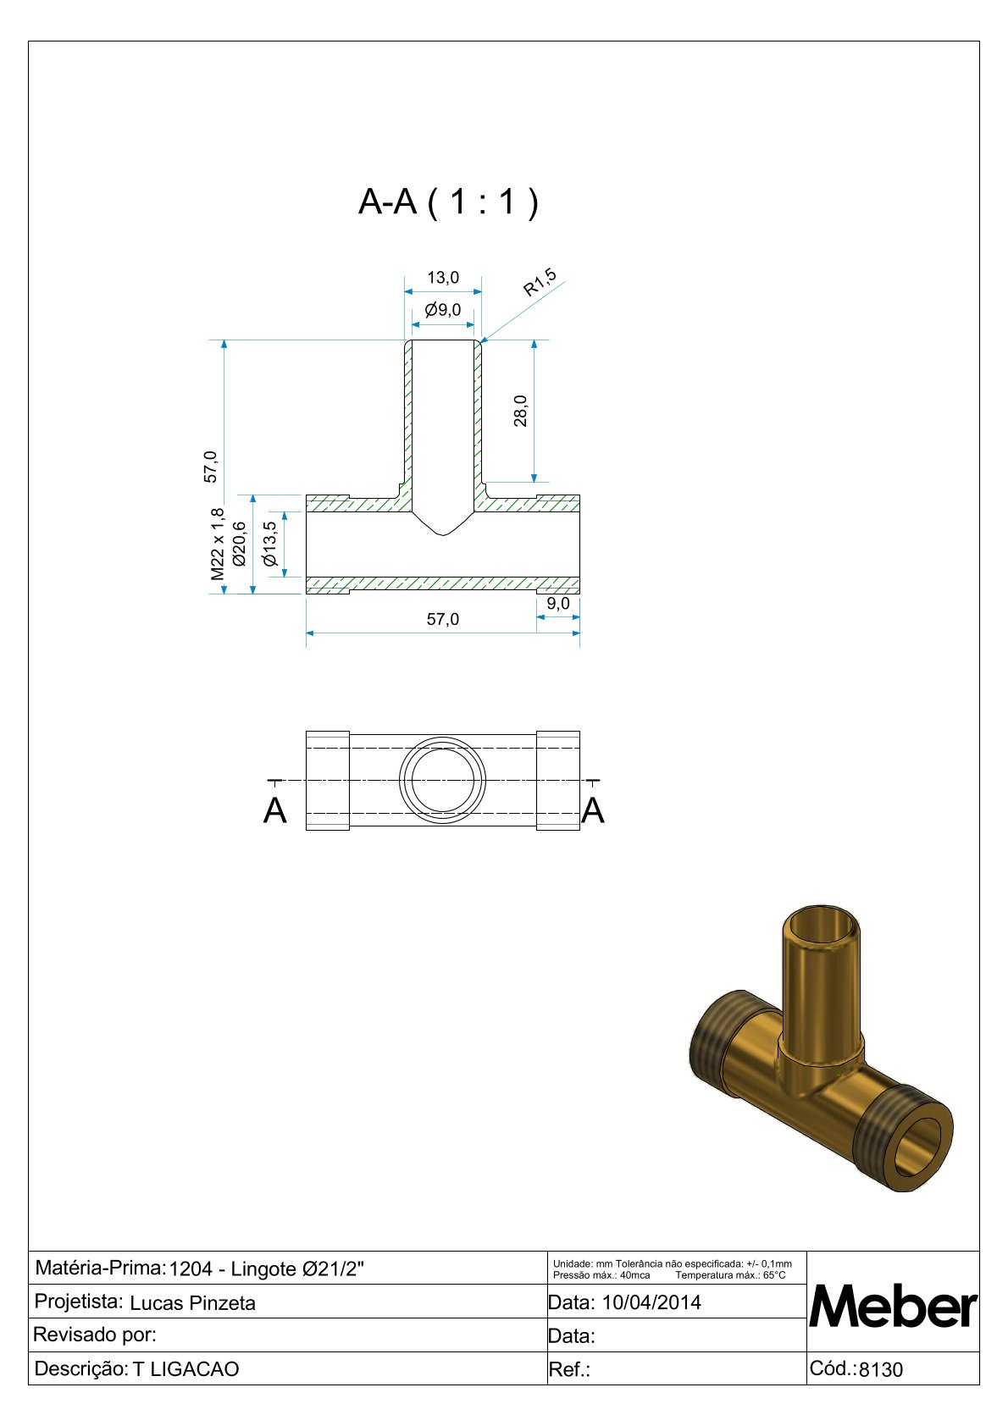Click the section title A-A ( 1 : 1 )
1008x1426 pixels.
tap(448, 202)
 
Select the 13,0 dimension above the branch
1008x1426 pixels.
tap(442, 278)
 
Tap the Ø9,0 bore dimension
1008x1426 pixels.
tap(442, 310)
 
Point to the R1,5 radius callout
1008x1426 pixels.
tap(540, 283)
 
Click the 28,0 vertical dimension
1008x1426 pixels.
tap(521, 411)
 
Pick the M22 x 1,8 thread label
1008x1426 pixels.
tap(218, 544)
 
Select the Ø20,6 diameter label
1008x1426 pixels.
tap(239, 544)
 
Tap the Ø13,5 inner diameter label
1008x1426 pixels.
tap(270, 544)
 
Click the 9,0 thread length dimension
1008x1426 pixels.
tap(558, 603)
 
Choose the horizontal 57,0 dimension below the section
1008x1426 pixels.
tap(442, 619)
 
